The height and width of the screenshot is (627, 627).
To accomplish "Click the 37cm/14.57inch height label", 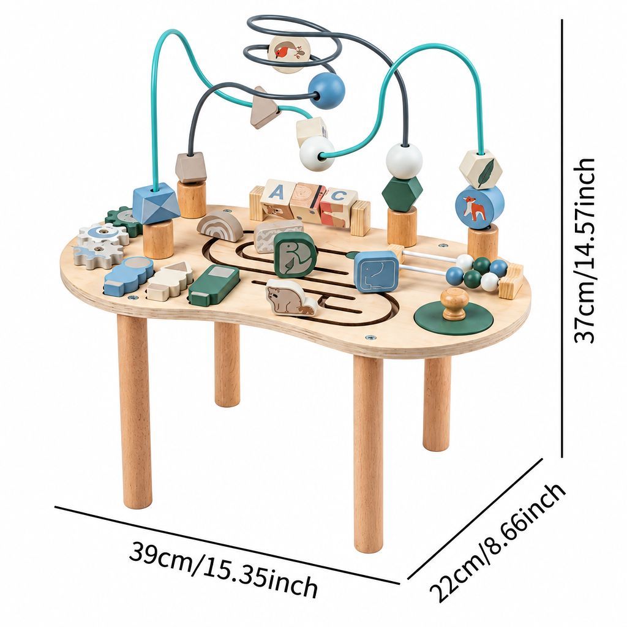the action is pyautogui.click(x=584, y=250).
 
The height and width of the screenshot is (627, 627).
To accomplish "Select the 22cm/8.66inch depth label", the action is pyautogui.click(x=497, y=543).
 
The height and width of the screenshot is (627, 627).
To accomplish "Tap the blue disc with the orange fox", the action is pyautogui.click(x=479, y=207).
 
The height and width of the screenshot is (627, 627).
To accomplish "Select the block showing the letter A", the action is pyautogui.click(x=277, y=199).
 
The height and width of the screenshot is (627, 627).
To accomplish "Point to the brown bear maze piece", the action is pyautogui.click(x=291, y=297).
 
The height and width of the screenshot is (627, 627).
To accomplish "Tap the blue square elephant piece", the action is pyautogui.click(x=377, y=271).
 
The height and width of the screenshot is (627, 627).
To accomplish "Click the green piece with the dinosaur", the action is pyautogui.click(x=295, y=255).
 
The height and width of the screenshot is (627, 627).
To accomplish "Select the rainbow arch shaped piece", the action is pyautogui.click(x=220, y=226).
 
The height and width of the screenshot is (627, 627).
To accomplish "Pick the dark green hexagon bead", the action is pyautogui.click(x=402, y=192).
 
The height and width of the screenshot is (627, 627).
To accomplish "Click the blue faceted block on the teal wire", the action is pyautogui.click(x=155, y=202).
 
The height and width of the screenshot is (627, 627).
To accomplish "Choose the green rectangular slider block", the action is pyautogui.click(x=214, y=284).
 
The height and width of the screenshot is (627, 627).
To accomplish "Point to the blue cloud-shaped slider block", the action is pyautogui.click(x=129, y=276).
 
